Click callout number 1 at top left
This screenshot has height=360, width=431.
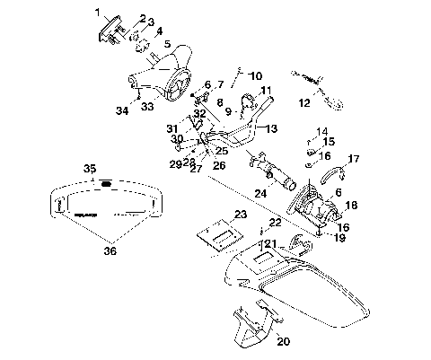click(99, 12)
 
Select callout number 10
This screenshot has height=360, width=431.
click(255, 76)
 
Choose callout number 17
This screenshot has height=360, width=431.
click(354, 159)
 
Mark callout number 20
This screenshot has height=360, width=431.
click(285, 340)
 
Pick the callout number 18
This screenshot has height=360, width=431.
click(351, 206)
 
